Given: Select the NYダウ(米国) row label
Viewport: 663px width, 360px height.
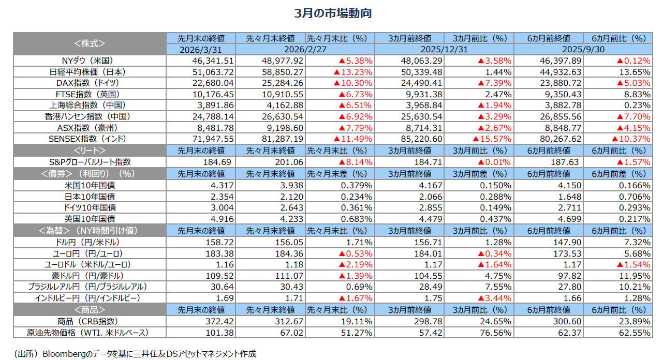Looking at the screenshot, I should pos(89,61).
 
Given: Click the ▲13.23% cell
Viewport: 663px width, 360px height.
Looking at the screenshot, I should pos(353,72).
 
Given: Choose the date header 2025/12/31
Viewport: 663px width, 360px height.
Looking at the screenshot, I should pos(444,49).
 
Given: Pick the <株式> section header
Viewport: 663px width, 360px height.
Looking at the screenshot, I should pos(89,43).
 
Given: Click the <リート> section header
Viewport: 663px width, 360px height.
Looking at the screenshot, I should pos(89,151).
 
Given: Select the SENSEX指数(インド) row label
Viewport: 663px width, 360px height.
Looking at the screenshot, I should pos(89,139).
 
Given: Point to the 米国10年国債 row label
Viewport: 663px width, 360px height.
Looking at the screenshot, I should pos(89,185).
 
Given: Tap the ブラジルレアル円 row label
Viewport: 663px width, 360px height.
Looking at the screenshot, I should pos(89,287).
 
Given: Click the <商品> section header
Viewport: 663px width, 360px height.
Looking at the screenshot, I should pos(89,310).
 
